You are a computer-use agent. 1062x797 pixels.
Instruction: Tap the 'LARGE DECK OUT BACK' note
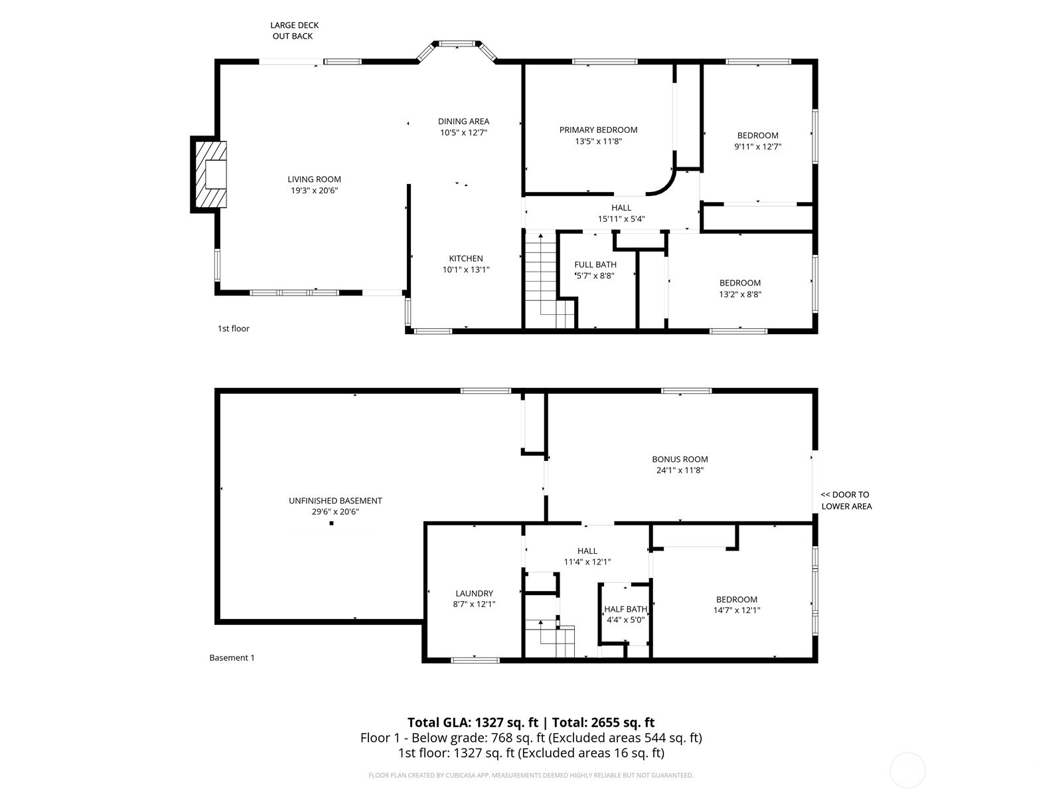click(294, 31)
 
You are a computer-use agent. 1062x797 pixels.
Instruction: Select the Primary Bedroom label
click(598, 130)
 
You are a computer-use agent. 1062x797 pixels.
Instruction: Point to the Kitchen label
click(466, 258)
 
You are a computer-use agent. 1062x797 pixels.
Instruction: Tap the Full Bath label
click(595, 264)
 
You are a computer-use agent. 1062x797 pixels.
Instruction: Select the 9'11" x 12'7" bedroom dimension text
click(757, 147)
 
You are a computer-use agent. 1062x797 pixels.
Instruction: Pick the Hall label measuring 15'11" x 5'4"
click(621, 208)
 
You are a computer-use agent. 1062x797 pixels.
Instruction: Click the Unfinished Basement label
click(335, 501)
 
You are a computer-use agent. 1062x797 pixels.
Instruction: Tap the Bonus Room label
click(680, 459)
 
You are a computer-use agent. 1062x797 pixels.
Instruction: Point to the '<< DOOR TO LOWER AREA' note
click(846, 500)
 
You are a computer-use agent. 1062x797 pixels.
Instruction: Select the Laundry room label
click(474, 593)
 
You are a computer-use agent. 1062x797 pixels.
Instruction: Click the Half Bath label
click(625, 609)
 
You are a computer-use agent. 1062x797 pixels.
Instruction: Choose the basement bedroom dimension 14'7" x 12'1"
click(737, 610)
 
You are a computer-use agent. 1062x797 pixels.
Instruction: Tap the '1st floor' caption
click(234, 329)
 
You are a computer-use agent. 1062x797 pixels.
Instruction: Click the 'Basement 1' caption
click(232, 658)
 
